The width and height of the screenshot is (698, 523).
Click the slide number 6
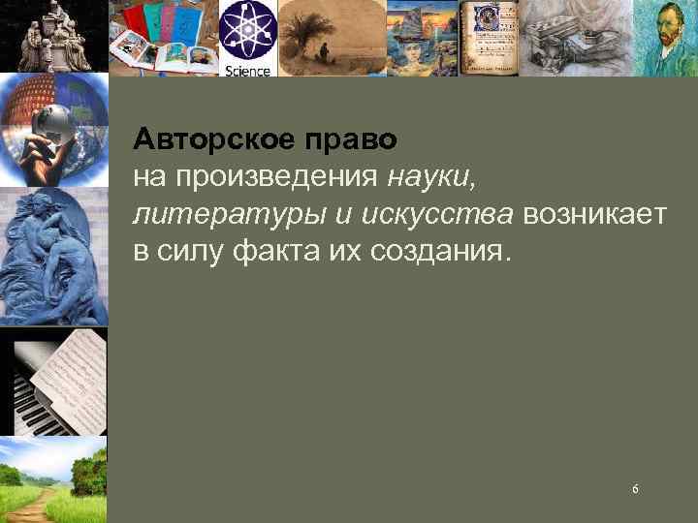635,489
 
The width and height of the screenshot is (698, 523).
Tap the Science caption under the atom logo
247,70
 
